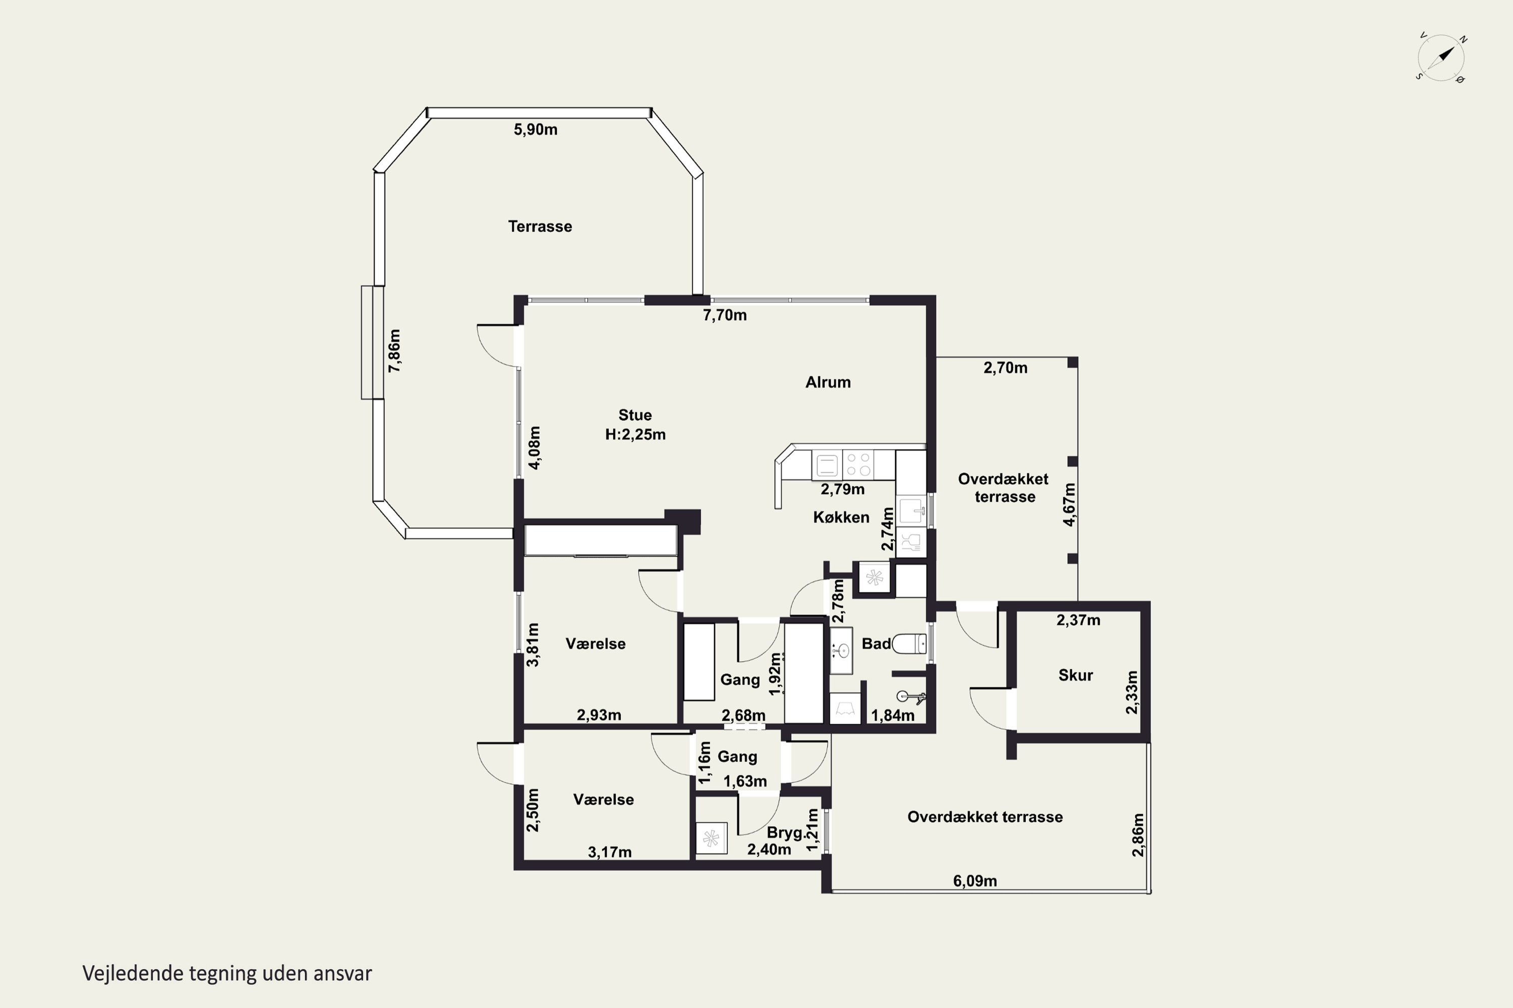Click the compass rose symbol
[x=1441, y=58]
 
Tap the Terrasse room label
[x=540, y=226]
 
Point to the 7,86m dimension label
[x=394, y=351]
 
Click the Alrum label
[x=828, y=383]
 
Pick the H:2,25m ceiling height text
[x=635, y=434]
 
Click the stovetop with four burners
[x=858, y=464]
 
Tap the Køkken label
[x=841, y=518]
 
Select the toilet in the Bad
[x=909, y=644]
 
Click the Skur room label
[x=1076, y=675]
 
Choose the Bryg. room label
[x=785, y=833]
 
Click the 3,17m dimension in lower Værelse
[x=609, y=852]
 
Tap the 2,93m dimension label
[x=599, y=715]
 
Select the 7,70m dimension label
[x=724, y=315]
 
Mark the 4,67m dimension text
[x=1069, y=505]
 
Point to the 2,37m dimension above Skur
[x=1078, y=620]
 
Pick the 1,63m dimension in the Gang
[x=745, y=781]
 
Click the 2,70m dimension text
[x=1006, y=368]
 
